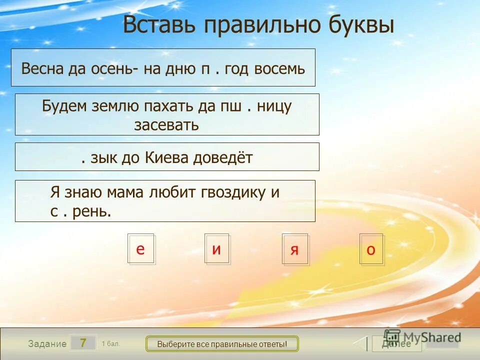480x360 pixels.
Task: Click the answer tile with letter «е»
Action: coord(141,248)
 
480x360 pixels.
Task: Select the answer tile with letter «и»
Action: coord(216,248)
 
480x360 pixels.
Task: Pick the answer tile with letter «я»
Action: coord(295,248)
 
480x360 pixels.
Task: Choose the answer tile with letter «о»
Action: coord(371,248)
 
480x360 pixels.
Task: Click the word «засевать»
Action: coord(166,124)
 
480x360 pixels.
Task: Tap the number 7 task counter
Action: coord(83,343)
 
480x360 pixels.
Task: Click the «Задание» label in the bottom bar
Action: coord(47,343)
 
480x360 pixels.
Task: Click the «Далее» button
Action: coord(396,343)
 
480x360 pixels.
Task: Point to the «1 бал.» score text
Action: coord(110,343)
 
